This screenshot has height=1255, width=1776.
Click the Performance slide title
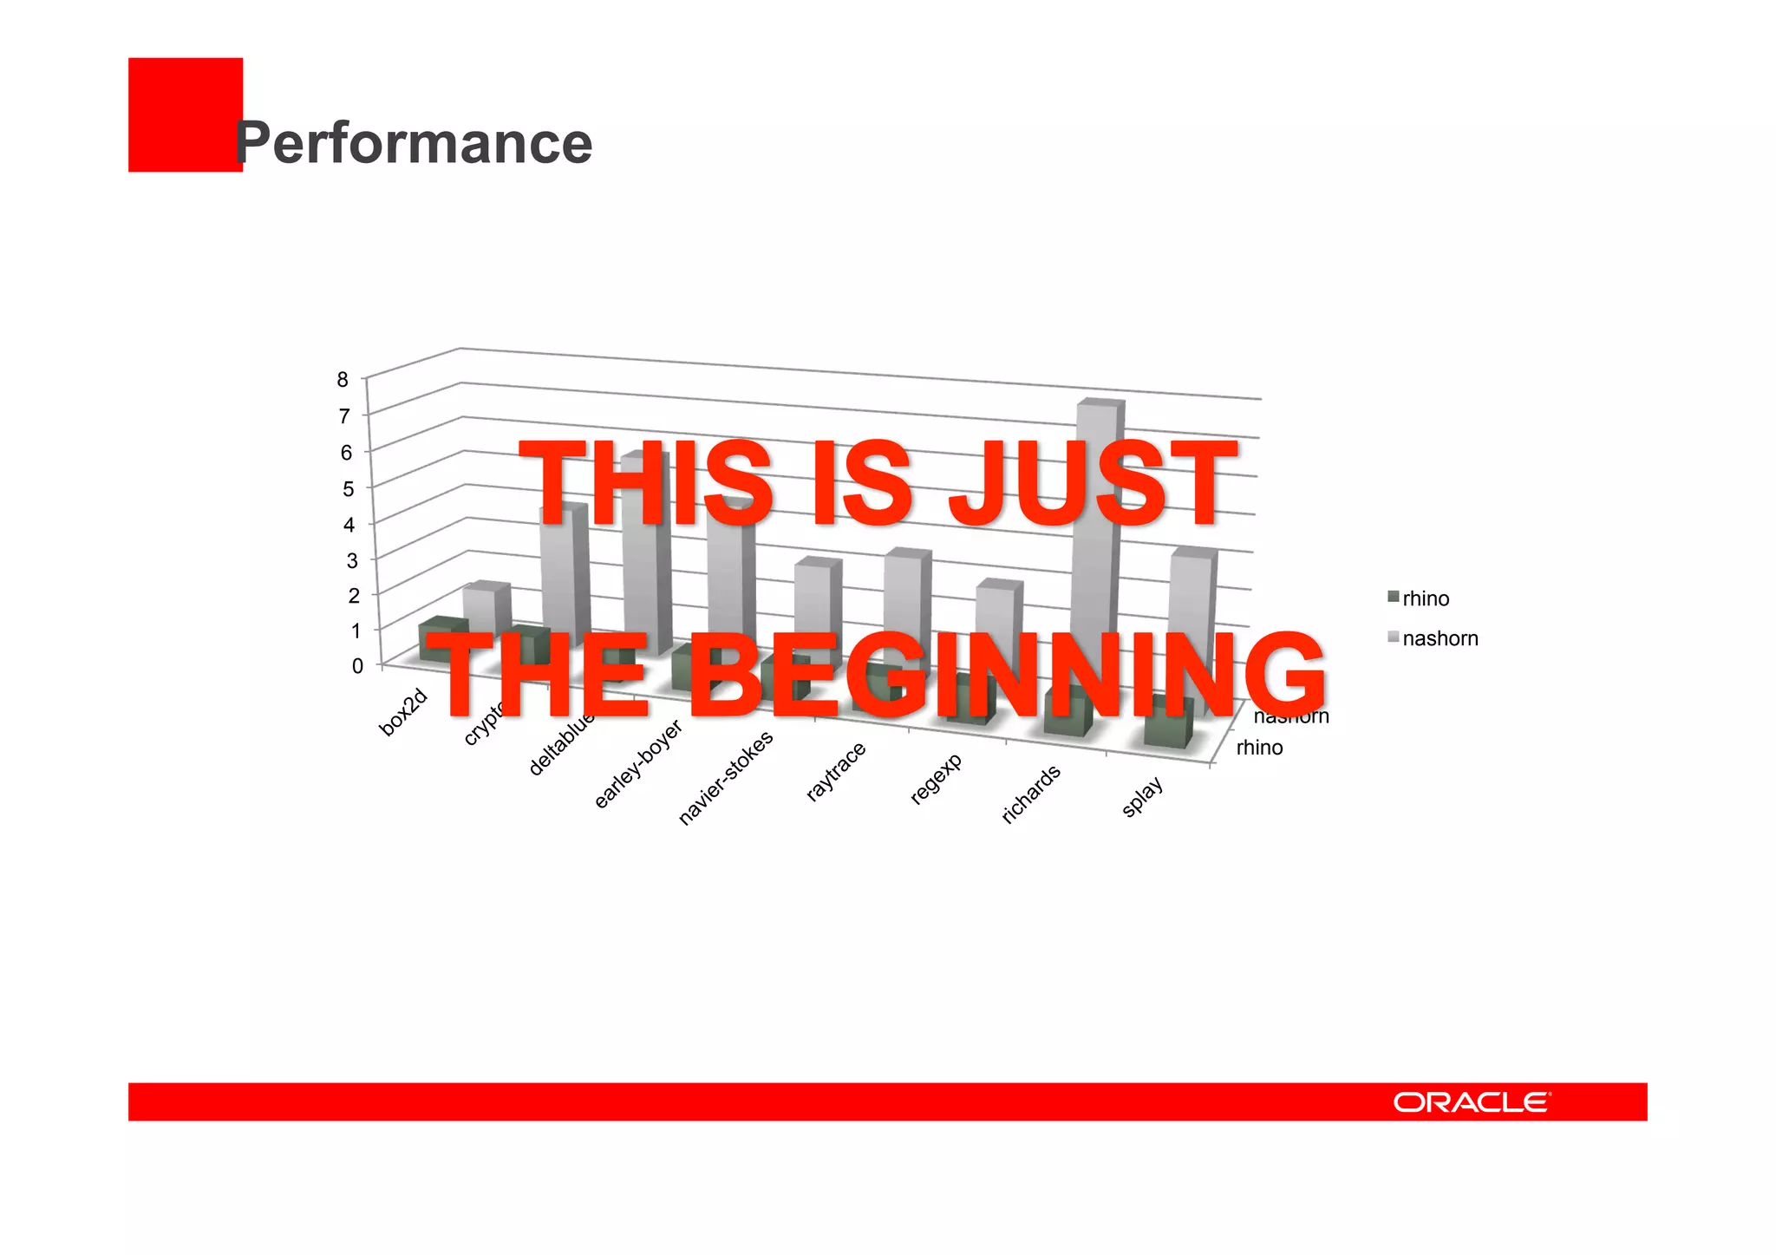click(415, 143)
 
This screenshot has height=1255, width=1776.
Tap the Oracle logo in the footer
click(1472, 1102)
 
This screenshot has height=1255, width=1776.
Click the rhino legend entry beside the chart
click(1425, 598)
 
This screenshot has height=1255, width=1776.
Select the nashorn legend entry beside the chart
click(1439, 638)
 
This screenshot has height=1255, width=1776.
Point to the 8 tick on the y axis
click(343, 379)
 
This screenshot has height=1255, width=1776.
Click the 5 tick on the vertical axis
click(349, 488)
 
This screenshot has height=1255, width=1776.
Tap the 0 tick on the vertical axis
click(357, 666)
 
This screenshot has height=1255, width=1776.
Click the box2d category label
click(404, 712)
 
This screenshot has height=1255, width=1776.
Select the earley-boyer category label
click(638, 764)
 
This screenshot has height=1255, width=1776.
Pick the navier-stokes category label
click(725, 778)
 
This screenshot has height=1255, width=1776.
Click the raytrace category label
click(836, 771)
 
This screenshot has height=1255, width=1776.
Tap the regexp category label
click(936, 779)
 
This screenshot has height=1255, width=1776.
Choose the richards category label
click(1031, 794)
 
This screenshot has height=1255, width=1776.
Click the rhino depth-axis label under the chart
click(1259, 748)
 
